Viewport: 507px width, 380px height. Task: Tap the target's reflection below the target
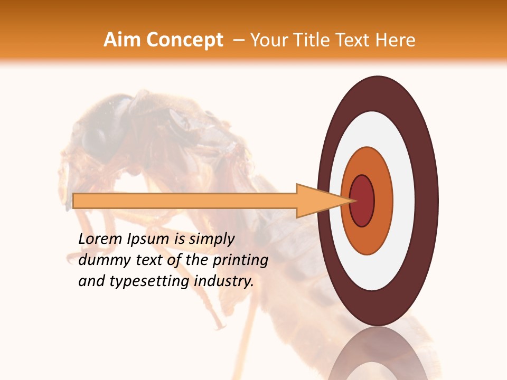tap(378, 354)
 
